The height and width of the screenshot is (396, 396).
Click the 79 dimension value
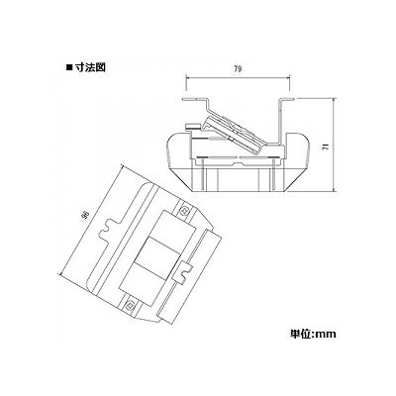point(238,69)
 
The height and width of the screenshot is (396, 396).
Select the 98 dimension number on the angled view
point(86,216)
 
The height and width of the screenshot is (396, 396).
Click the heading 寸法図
point(90,67)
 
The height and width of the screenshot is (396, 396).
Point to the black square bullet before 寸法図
point(69,67)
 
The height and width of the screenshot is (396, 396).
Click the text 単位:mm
point(312,334)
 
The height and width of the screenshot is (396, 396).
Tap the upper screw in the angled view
point(184,210)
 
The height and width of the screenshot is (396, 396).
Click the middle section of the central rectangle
point(155,252)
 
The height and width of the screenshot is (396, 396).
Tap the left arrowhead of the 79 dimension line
point(187,78)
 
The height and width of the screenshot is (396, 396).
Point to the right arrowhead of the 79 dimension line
point(288,78)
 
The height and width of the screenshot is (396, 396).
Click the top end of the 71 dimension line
point(335,98)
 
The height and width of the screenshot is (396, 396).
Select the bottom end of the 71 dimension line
point(335,191)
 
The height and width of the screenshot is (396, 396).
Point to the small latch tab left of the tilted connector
point(193,126)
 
